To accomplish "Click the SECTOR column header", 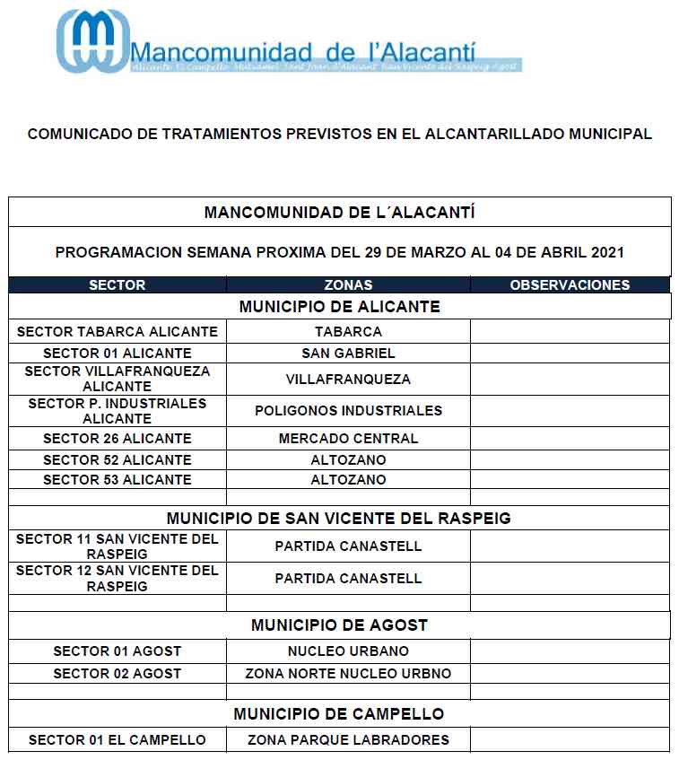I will [117, 285].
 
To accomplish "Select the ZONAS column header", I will [348, 285].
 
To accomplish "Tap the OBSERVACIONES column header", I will [570, 285].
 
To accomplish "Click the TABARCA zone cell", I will [348, 332].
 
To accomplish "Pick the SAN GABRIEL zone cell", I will [348, 354].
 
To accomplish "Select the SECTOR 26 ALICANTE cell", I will [118, 439].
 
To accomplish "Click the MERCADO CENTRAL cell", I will [348, 439].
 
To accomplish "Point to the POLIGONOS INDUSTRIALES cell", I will [348, 411].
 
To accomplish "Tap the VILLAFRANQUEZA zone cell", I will [348, 380].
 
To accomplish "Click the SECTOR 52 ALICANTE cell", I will [118, 460].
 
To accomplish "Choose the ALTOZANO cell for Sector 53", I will [348, 480].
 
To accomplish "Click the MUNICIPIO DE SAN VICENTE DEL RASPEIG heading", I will [339, 519].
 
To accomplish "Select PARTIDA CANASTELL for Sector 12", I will [348, 579].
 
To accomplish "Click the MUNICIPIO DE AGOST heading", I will [339, 625].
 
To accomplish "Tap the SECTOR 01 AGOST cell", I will [118, 651].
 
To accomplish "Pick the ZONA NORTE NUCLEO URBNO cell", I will [348, 674].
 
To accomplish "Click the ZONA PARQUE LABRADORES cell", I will [348, 740].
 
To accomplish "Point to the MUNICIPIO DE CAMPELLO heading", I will [339, 714].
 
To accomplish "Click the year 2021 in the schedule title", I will [606, 253].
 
